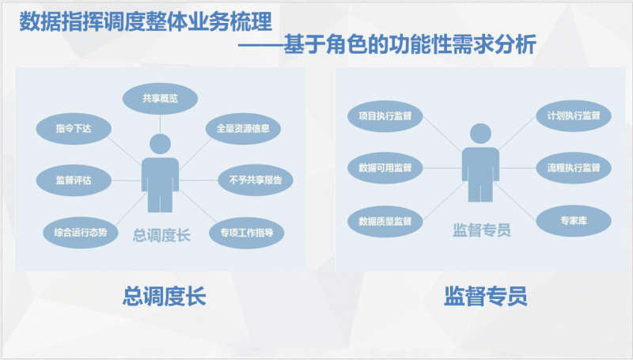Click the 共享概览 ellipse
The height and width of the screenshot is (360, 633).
pyautogui.click(x=160, y=98)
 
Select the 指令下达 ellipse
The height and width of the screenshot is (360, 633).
pyautogui.click(x=74, y=129)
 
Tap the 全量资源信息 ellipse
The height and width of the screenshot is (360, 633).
pyautogui.click(x=243, y=129)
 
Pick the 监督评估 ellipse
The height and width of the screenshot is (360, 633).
pyautogui.click(x=74, y=180)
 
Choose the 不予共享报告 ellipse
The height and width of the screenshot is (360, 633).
pyautogui.click(x=256, y=180)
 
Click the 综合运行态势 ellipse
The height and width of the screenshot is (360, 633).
pyautogui.click(x=81, y=233)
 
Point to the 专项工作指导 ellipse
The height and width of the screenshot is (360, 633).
pyautogui.click(x=247, y=233)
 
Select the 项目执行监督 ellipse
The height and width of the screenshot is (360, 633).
pyautogui.click(x=385, y=116)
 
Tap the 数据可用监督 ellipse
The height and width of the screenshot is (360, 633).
pyautogui.click(x=385, y=168)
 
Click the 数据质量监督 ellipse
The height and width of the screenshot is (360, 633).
pyautogui.click(x=385, y=222)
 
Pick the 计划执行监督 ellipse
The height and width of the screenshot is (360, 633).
pyautogui.click(x=574, y=116)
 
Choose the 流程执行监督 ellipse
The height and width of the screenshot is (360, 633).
pyautogui.click(x=574, y=168)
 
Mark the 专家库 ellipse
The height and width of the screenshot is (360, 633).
pyautogui.click(x=574, y=221)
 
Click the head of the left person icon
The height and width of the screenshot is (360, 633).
pyautogui.click(x=161, y=144)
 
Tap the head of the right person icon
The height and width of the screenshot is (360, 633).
pyautogui.click(x=480, y=134)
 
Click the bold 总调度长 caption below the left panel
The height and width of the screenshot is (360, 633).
pyautogui.click(x=165, y=296)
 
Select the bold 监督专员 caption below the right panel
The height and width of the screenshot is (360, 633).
pyautogui.click(x=486, y=296)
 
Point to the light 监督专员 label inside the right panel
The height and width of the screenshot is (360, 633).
pyautogui.click(x=482, y=230)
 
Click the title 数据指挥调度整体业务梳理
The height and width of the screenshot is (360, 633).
pyautogui.click(x=146, y=22)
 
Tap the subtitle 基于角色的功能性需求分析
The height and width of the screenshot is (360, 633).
pyautogui.click(x=410, y=44)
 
